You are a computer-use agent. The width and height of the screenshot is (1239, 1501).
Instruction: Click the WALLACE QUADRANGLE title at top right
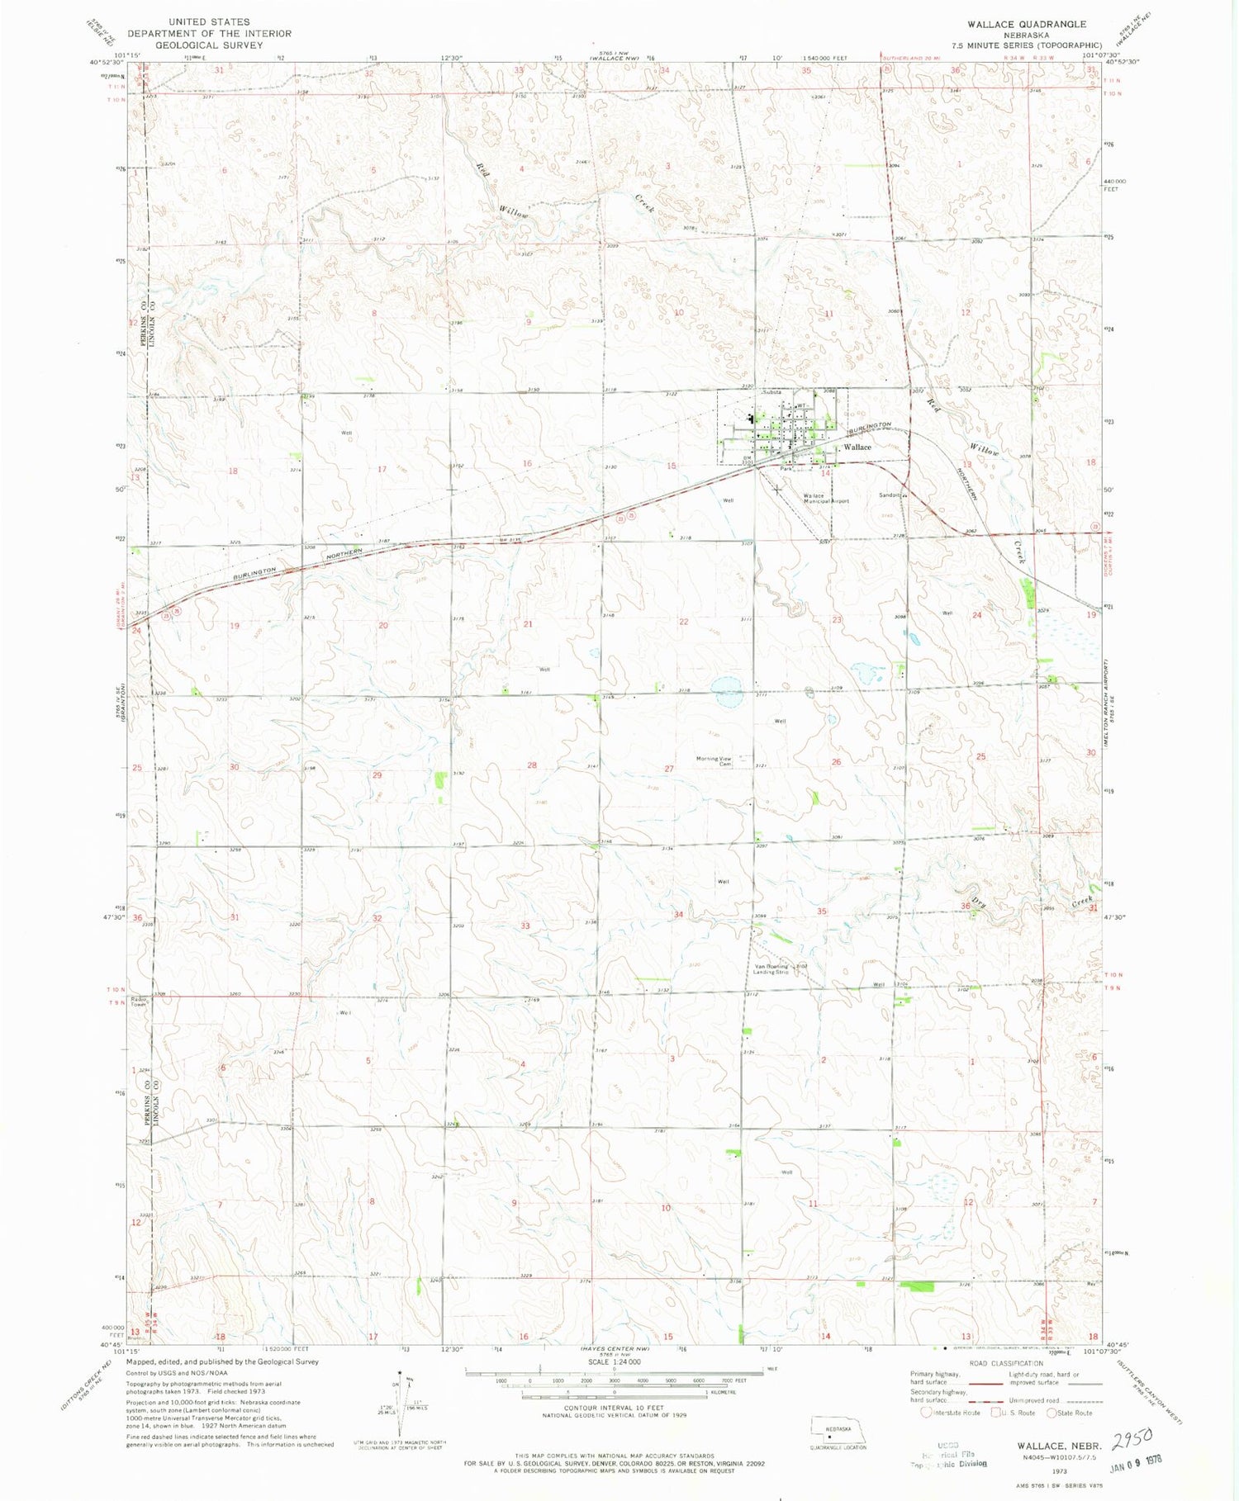(x=1027, y=24)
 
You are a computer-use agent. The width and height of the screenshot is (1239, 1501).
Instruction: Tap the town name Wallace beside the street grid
(x=857, y=447)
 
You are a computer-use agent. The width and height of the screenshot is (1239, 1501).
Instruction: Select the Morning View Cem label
(x=714, y=761)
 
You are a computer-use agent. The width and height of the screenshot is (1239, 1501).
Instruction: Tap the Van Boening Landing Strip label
(x=771, y=969)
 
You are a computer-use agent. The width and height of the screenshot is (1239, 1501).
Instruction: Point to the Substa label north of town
(x=771, y=393)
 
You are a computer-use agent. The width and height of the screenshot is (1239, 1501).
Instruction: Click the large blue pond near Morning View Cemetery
(x=727, y=692)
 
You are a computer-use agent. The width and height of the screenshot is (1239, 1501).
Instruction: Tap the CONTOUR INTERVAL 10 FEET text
(x=614, y=1408)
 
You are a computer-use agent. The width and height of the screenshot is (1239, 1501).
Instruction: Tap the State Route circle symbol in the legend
(x=1052, y=1413)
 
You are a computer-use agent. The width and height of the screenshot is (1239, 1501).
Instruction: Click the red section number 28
(x=532, y=765)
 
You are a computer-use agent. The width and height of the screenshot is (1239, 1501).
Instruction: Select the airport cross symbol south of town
(x=777, y=490)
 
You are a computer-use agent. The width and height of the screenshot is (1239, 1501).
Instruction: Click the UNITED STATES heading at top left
(x=209, y=22)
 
